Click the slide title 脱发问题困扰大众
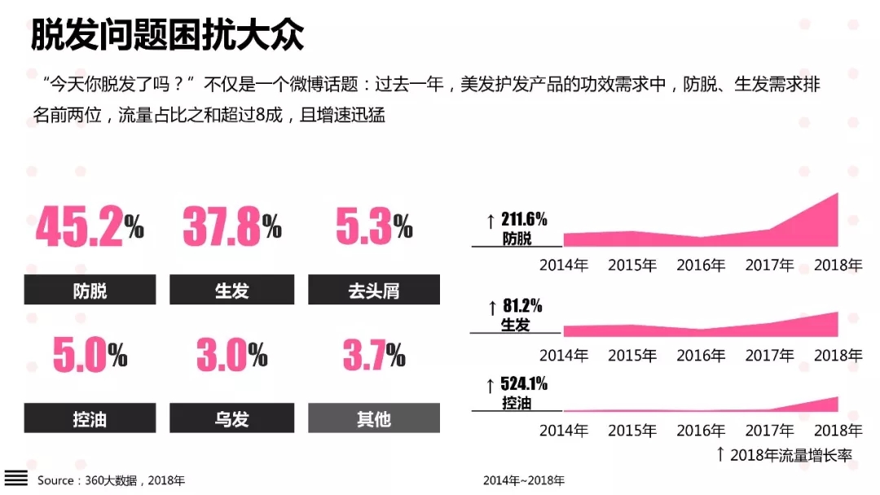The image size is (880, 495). [167, 35]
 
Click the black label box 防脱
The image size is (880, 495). [90, 290]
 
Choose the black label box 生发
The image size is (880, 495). [231, 290]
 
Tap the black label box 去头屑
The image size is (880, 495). [374, 290]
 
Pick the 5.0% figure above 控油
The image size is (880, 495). [90, 355]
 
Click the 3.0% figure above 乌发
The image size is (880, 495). [231, 355]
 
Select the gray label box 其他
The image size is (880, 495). [374, 418]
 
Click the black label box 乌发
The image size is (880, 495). [231, 418]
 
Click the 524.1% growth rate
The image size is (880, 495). [523, 384]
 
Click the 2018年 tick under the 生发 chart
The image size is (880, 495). [838, 356]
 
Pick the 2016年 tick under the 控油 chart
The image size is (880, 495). [701, 430]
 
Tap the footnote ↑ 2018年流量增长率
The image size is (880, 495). [783, 454]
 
